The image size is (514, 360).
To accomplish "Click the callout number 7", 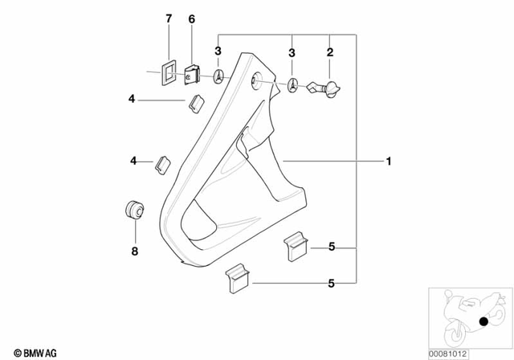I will [168, 18].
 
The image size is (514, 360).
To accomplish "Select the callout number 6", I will [191, 18].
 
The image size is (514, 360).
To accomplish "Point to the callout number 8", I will [134, 252].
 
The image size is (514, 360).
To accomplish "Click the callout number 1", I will [388, 162].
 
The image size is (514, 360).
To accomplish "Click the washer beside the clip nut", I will [218, 76].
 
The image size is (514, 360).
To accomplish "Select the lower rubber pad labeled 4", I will [162, 163].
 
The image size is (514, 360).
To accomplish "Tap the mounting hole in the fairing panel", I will [255, 78].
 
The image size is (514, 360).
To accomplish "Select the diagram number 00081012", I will [468, 352].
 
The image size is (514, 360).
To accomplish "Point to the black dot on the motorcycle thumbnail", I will [485, 323].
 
